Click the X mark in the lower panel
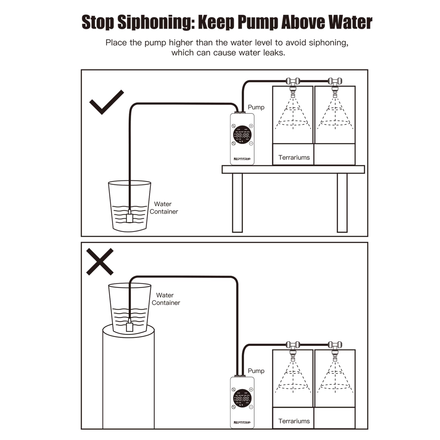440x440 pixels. (x=100, y=262)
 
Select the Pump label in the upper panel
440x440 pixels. (x=256, y=107)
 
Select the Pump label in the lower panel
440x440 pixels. (x=256, y=371)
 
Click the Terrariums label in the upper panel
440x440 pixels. (x=294, y=158)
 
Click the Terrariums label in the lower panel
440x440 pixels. (x=294, y=421)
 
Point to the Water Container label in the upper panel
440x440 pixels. (x=163, y=208)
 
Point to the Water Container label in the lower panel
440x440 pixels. (x=166, y=299)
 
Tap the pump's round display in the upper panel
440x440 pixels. (x=242, y=135)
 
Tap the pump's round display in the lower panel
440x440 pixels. (x=242, y=398)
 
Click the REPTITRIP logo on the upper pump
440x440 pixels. (x=242, y=159)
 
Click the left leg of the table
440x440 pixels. (x=237, y=203)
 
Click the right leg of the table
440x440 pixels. (x=342, y=203)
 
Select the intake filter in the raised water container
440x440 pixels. (x=129, y=327)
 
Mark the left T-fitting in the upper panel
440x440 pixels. (x=293, y=81)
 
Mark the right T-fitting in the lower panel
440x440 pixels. (x=335, y=345)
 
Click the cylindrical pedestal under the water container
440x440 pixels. (x=128, y=382)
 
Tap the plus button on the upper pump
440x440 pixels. (x=251, y=126)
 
